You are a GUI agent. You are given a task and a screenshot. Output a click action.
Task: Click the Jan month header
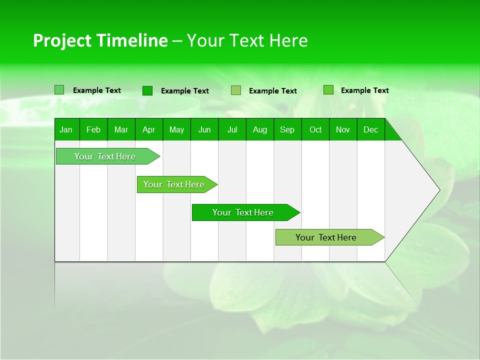66,129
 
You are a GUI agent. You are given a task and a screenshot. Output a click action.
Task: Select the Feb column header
93,129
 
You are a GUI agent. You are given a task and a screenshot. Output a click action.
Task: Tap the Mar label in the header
121,129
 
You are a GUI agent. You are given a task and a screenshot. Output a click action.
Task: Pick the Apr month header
149,129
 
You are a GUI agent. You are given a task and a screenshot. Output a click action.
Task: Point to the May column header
176,129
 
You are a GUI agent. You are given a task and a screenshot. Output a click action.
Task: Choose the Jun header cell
204,129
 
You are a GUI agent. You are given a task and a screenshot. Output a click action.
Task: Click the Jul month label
232,129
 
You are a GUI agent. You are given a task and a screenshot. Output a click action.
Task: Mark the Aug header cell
260,129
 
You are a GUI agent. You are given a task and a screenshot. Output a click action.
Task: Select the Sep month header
287,129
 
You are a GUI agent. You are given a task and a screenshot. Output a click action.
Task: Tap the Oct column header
315,129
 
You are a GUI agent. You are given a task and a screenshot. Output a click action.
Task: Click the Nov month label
343,129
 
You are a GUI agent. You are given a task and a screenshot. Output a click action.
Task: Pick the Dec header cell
371,129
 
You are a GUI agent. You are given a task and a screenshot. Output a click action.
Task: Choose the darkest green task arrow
243,212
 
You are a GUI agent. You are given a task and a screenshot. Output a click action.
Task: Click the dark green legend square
147,90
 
